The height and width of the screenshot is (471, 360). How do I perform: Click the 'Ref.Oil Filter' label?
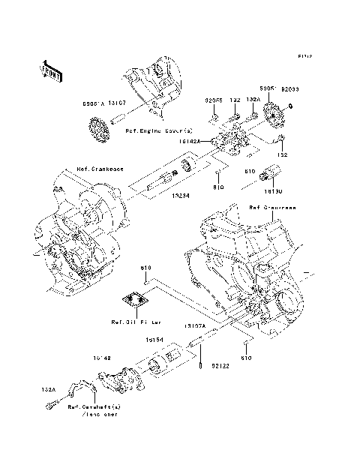tap(133, 323)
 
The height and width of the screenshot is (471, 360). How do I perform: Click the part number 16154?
tap(156, 340)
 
